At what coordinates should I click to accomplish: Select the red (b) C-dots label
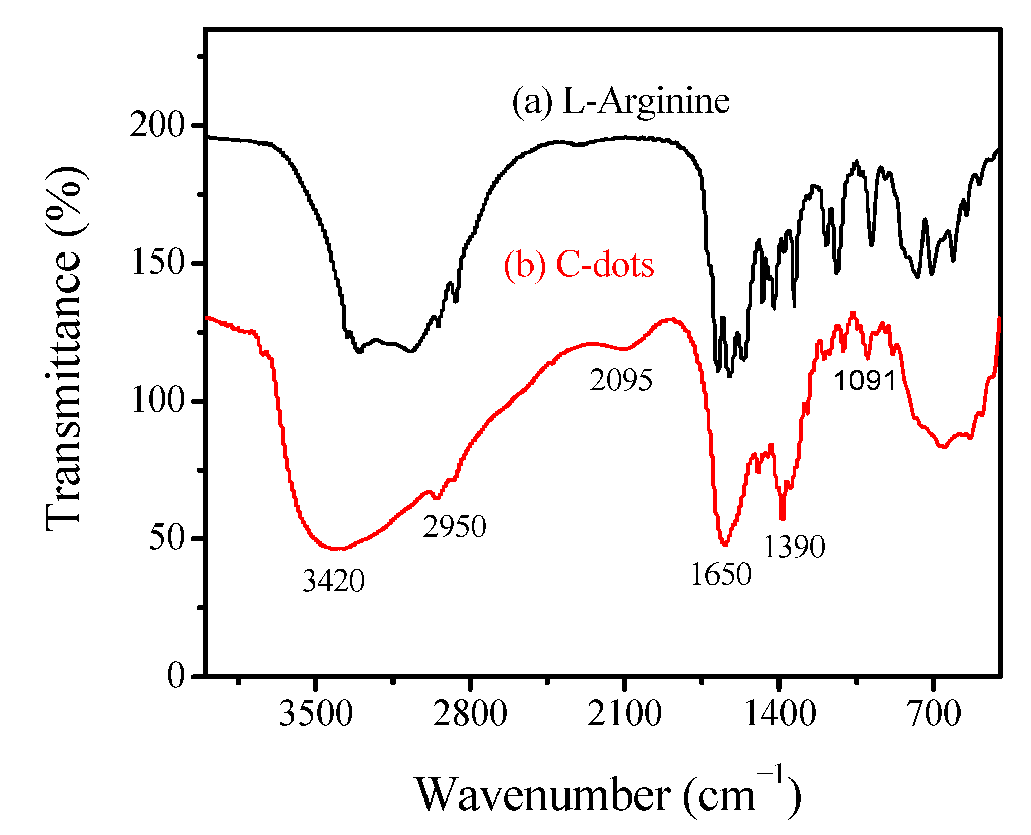tap(579, 265)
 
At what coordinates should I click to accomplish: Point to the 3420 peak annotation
tap(333, 581)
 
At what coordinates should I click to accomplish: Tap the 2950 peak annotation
tap(454, 527)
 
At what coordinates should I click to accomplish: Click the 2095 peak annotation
tap(621, 380)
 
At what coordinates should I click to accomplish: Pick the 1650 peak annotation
tap(721, 575)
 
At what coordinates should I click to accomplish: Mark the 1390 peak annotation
tap(794, 547)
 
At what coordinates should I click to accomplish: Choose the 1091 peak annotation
tap(865, 380)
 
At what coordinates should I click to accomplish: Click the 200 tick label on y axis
tap(156, 125)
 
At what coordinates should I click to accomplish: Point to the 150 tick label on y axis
tap(156, 263)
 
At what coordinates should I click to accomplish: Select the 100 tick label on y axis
tap(156, 401)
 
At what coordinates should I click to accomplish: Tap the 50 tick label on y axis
tap(165, 538)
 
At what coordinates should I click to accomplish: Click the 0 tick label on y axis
tap(176, 676)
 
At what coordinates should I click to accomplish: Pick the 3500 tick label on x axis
tap(316, 714)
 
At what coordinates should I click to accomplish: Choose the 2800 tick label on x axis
tap(470, 714)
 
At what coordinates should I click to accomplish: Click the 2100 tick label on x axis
tap(625, 714)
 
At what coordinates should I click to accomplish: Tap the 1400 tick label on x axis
tap(780, 714)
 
